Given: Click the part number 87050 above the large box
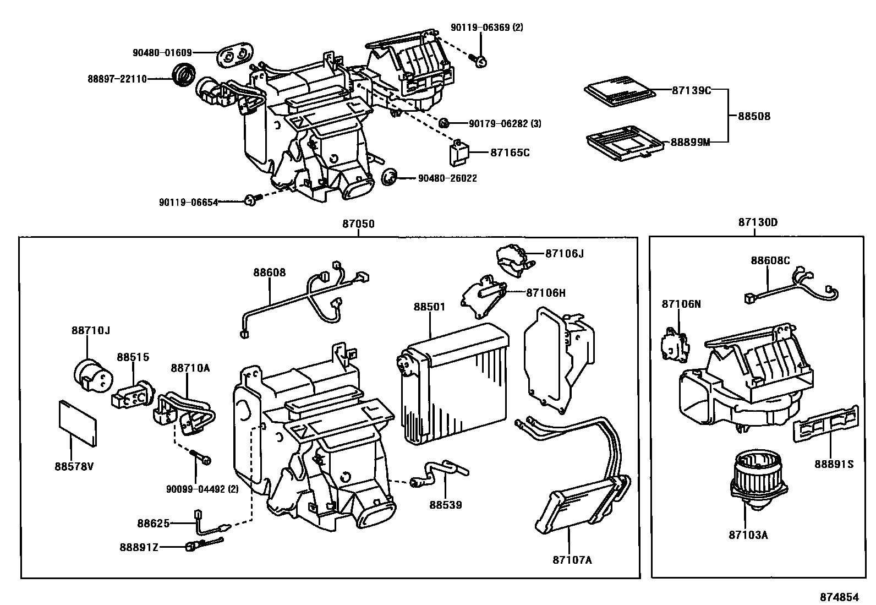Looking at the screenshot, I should (x=358, y=224).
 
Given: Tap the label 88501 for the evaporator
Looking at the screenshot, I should (x=429, y=307).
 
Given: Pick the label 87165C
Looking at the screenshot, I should (x=510, y=152).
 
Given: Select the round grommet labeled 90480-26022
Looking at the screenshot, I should (x=390, y=177).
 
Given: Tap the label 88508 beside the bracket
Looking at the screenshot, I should (x=754, y=116).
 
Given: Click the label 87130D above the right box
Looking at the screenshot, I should (x=758, y=223).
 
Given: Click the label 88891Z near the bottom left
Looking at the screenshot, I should (x=139, y=547).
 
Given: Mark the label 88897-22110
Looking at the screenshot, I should (x=117, y=79).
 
